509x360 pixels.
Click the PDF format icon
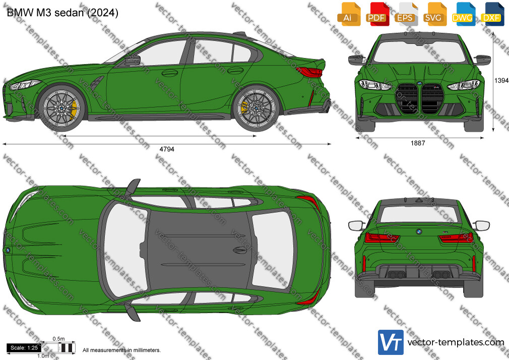click(377, 14)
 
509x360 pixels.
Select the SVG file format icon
click(434, 14)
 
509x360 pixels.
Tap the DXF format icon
click(492, 14)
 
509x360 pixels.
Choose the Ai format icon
click(348, 14)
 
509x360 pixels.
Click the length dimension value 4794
click(167, 149)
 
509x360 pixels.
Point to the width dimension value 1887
click(418, 143)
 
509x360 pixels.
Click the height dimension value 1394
click(501, 80)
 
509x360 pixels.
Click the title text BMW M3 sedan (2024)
click(62, 13)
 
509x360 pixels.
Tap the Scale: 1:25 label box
click(24, 348)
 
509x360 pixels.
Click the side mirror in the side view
click(133, 61)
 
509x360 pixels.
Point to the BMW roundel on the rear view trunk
click(419, 231)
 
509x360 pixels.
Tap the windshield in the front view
click(419, 52)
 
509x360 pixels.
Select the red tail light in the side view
click(310, 72)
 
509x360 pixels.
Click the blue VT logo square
click(391, 342)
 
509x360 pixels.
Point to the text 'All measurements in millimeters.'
click(121, 350)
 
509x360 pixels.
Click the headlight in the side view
click(24, 85)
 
